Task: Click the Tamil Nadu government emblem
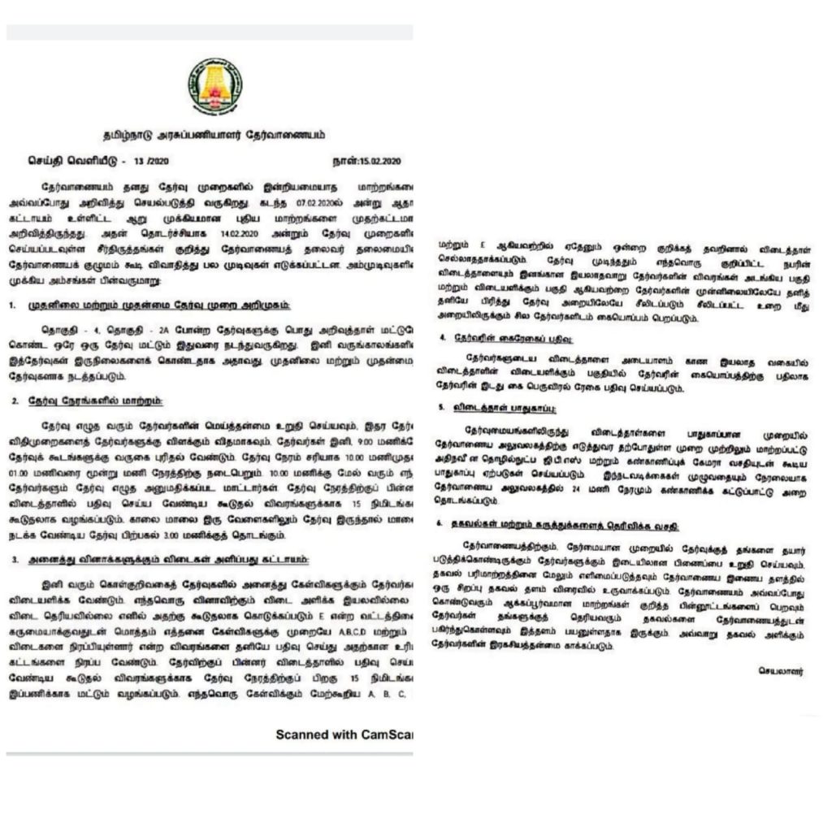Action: tap(215, 85)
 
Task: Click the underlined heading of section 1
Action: tap(137, 305)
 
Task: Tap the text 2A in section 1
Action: tap(142, 330)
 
